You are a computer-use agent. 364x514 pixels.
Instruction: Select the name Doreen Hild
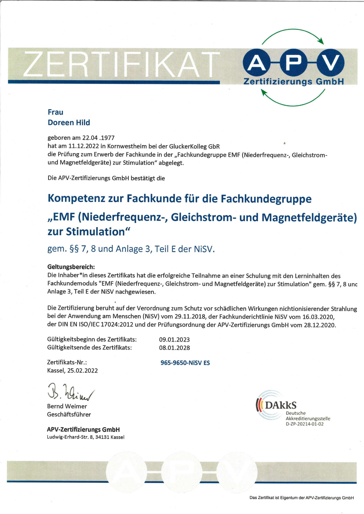(x=69, y=123)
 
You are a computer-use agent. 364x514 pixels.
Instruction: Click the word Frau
(x=55, y=112)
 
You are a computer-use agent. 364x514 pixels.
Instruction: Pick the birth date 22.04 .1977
(x=98, y=138)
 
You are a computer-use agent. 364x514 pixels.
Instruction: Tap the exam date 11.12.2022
(x=83, y=146)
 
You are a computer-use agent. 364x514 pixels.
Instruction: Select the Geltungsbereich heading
(x=71, y=267)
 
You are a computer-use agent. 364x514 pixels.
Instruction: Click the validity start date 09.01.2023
(x=174, y=339)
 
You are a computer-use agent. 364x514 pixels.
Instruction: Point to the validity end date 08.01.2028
(x=174, y=348)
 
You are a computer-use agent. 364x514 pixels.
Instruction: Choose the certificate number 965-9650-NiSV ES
(x=185, y=363)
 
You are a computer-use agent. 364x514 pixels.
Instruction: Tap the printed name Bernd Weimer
(x=67, y=406)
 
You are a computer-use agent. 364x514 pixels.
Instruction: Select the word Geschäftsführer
(x=69, y=415)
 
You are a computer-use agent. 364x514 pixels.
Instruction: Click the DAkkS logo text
(x=280, y=405)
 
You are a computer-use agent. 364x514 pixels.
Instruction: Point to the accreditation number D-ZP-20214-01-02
(x=305, y=424)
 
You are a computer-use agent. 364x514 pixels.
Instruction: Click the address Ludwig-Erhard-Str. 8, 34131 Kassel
(x=85, y=437)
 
